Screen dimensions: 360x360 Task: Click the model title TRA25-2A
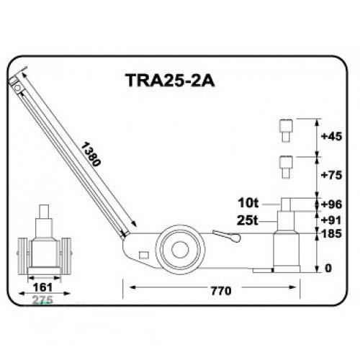[170, 80]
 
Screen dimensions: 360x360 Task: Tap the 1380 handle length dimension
[90, 154]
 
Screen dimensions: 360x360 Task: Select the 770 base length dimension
[221, 291]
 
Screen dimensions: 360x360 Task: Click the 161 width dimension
[42, 287]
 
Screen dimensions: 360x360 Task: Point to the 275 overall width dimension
[42, 300]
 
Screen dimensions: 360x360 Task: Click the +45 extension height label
[331, 136]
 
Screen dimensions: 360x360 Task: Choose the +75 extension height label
[331, 175]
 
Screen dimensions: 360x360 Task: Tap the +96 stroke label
[331, 204]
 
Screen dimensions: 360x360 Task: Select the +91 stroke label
[331, 220]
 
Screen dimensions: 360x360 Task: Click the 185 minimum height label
[331, 233]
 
